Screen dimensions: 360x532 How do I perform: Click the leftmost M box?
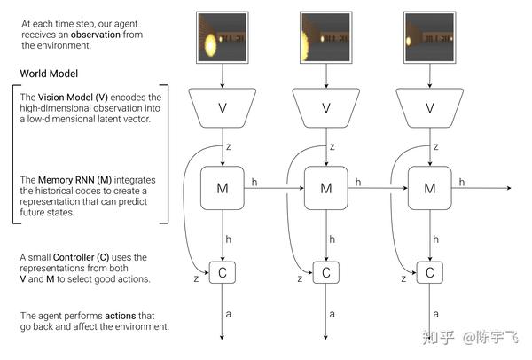222,188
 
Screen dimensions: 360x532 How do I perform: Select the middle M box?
325,188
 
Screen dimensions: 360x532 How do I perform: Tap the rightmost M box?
429,188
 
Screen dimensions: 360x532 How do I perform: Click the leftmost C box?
222,272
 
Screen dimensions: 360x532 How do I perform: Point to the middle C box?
325,272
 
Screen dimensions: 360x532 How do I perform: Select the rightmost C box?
429,272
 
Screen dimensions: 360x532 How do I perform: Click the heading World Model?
51,73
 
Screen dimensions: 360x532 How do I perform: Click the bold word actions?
121,316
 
